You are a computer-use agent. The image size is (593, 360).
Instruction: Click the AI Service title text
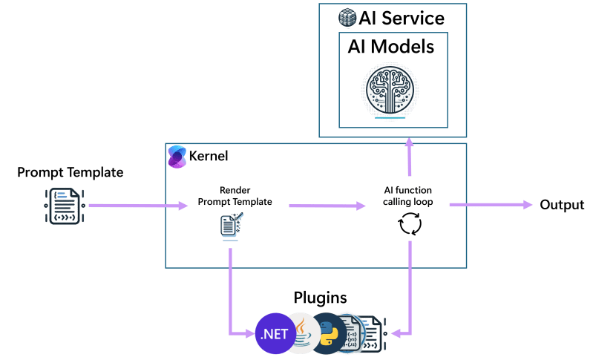(x=402, y=18)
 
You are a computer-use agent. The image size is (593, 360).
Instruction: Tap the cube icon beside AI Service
(x=347, y=18)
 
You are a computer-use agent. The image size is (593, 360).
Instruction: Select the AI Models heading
(x=391, y=47)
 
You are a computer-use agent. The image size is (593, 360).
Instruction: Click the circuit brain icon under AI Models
(x=390, y=91)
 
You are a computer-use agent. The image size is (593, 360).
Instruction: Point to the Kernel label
(x=209, y=156)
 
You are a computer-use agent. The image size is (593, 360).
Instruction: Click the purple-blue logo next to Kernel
(x=177, y=157)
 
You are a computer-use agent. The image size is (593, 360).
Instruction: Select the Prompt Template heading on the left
(x=71, y=172)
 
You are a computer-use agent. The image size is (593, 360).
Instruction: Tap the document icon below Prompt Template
(x=65, y=206)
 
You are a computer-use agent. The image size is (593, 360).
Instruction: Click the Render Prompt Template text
(x=235, y=196)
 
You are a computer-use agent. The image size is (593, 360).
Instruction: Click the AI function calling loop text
(x=407, y=196)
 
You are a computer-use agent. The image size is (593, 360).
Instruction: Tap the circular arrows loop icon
(x=410, y=223)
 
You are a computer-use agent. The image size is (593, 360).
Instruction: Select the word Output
(x=562, y=205)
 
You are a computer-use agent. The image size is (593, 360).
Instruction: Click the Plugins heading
(x=320, y=298)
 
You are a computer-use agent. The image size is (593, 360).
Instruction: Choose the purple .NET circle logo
(x=275, y=333)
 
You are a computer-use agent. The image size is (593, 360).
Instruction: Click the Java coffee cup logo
(x=303, y=333)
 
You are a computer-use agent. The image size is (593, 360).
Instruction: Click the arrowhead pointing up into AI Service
(x=409, y=143)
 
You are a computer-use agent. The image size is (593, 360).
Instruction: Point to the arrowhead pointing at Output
(x=528, y=205)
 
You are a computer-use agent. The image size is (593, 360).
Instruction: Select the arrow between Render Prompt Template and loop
(x=327, y=206)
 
